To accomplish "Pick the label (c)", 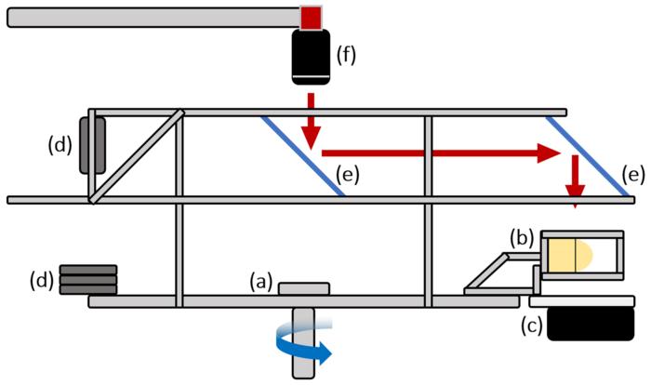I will (x=533, y=326).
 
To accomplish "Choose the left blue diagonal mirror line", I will (x=303, y=155).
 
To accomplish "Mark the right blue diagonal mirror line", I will (x=591, y=155).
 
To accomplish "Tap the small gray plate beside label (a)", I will (x=303, y=289).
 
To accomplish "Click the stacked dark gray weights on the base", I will (x=88, y=280).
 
